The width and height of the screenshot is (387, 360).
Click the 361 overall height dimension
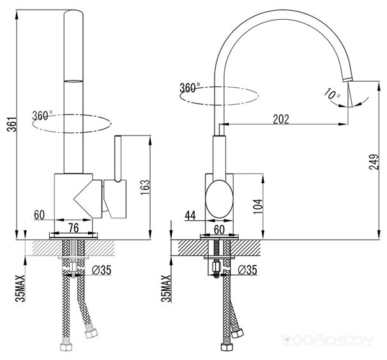13,124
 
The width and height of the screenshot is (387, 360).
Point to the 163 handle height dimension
146,187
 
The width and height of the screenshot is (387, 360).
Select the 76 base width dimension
73,228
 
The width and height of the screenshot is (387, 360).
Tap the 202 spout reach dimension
281,119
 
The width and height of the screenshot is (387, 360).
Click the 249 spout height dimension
374,162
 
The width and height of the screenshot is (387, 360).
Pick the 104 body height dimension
258,206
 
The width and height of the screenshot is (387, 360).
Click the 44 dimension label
190,215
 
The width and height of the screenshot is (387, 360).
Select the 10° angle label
332,94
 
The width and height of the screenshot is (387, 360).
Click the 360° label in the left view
42,116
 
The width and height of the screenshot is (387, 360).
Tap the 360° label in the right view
190,88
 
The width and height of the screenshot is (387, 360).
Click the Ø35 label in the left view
102,270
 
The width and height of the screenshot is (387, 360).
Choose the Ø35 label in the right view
248,270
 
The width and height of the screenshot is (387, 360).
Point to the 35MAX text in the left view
20,289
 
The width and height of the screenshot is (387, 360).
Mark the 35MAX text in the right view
166,289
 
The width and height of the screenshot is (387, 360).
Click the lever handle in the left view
118,159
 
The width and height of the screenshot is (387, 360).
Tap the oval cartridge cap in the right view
219,199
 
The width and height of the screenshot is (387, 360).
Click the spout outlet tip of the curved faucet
348,79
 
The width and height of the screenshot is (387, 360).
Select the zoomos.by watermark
328,341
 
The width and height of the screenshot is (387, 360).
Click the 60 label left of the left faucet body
39,215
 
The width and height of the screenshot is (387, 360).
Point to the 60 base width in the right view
219,230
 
